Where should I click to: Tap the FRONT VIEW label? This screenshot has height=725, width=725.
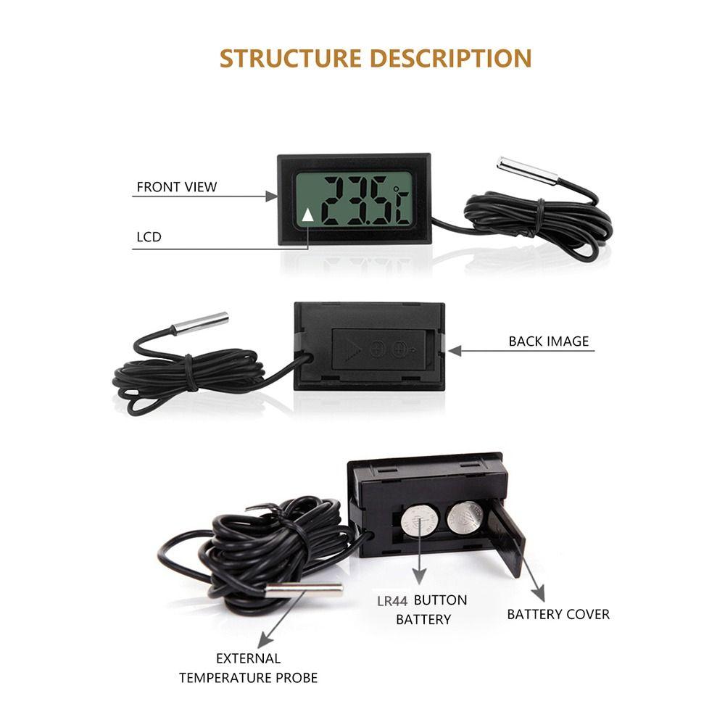[x=177, y=187]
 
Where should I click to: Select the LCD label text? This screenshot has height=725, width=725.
[x=149, y=237]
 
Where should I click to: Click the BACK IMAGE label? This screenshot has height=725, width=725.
[x=548, y=341]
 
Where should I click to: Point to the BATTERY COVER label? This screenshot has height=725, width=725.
[x=558, y=615]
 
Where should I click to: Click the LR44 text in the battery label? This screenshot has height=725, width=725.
[x=392, y=601]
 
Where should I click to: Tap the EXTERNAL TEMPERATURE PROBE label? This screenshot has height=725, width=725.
[x=248, y=668]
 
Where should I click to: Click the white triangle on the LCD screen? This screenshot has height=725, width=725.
[x=308, y=216]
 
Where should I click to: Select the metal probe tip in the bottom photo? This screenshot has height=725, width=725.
[x=304, y=591]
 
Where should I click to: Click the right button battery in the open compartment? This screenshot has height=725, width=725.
[x=465, y=518]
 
